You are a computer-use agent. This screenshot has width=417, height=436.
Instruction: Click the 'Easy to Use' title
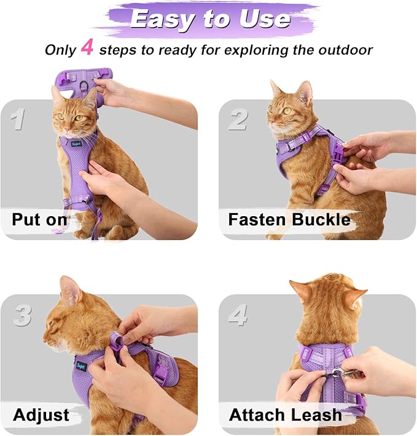click(209, 19)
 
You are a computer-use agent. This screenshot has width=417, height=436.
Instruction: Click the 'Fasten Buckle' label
click(289, 219)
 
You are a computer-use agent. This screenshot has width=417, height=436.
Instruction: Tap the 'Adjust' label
click(41, 415)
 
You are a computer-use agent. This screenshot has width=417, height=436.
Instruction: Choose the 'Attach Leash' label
click(285, 415)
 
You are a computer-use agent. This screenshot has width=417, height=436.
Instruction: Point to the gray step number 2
click(238, 119)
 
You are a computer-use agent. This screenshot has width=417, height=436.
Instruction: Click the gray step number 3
click(22, 316)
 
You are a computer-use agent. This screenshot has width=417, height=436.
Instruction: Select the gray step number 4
click(238, 316)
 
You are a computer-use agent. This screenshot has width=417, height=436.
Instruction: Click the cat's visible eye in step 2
click(287, 111)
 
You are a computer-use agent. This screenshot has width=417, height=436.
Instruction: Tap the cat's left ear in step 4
click(300, 289)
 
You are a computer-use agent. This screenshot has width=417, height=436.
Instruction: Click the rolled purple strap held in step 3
click(115, 340)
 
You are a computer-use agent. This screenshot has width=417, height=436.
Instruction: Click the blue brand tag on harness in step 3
click(80, 366)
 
